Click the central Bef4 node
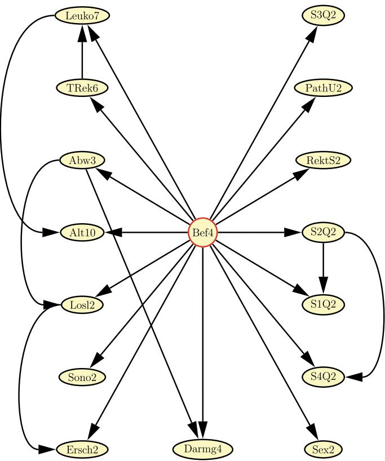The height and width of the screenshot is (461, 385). tap(202, 232)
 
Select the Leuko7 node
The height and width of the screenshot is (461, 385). tap(82, 16)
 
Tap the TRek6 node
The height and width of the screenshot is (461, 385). tap(82, 88)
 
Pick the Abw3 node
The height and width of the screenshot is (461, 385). tap(82, 161)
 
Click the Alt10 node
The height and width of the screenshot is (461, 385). tap(82, 232)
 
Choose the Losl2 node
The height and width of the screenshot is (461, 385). tap(82, 305)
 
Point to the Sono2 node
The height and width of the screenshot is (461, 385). tap(82, 377)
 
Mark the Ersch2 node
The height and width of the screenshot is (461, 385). tap(82, 449)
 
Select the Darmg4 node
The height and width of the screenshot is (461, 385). tap(202, 449)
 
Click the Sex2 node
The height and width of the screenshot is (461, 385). tap(323, 449)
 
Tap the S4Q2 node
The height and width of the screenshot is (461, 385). tap(323, 377)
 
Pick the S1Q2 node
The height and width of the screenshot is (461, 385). tap(323, 305)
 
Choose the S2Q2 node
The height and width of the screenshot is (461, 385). tap(323, 232)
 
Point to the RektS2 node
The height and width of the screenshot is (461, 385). tap(323, 161)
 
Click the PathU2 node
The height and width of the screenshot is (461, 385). tap(323, 88)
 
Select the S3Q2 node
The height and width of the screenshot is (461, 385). tap(323, 16)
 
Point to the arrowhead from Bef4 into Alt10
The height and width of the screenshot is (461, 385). tap(113, 232)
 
